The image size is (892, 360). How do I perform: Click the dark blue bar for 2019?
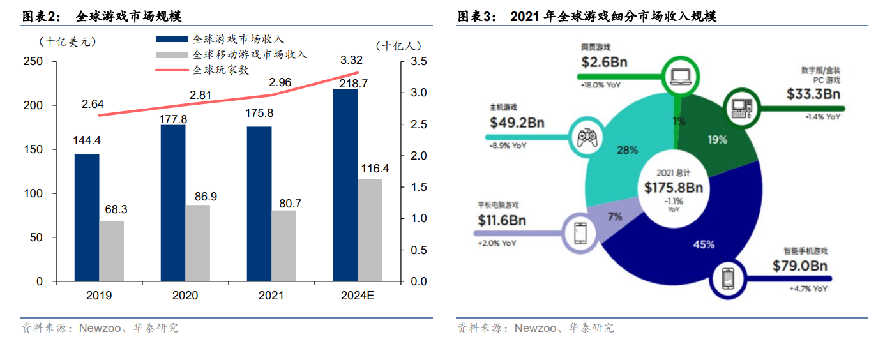click(x=87, y=218)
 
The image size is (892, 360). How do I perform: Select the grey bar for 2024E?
click(x=370, y=230)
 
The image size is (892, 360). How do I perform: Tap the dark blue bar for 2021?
click(x=259, y=204)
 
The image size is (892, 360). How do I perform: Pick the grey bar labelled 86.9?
click(x=197, y=243)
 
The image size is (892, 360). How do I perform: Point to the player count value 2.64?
click(x=93, y=104)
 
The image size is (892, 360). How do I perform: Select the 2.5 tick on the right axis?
click(x=419, y=124)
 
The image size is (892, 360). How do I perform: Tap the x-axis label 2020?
click(x=185, y=296)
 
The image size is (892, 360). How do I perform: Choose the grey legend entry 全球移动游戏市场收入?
click(x=250, y=54)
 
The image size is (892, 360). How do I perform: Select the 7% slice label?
click(x=615, y=216)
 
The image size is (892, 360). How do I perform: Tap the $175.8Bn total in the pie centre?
click(x=673, y=188)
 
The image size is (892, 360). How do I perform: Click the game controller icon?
click(x=587, y=137)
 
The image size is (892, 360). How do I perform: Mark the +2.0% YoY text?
click(x=497, y=243)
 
